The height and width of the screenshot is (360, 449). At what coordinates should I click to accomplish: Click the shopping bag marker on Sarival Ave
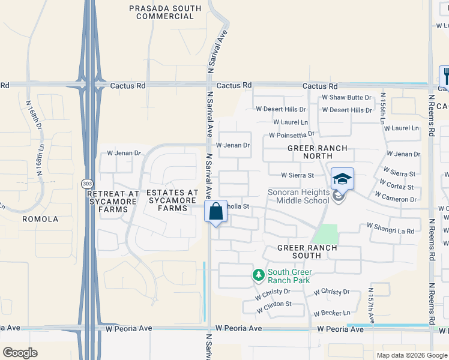point(215,212)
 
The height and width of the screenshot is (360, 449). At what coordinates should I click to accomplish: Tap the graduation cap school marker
point(342,179)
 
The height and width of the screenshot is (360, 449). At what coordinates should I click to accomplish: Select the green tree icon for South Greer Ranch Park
point(258,275)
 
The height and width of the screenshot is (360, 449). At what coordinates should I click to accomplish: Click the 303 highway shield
point(86,182)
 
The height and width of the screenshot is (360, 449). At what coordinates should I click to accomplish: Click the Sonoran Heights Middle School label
point(299,196)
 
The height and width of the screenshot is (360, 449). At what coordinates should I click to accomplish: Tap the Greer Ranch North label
point(310,152)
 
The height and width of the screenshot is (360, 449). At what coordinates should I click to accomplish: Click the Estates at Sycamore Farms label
point(172,200)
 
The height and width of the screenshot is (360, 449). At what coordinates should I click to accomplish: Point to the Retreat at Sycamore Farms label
point(113,200)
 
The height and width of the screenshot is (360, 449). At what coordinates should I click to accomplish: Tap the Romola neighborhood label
point(40,219)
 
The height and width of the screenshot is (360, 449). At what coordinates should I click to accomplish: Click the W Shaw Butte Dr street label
point(347,97)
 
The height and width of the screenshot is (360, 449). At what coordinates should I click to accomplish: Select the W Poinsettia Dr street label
point(292,135)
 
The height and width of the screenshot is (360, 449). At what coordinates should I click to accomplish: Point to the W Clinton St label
point(274,306)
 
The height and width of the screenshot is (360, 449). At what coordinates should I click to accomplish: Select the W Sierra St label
point(298,175)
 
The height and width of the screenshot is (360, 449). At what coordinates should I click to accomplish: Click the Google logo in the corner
point(20,352)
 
